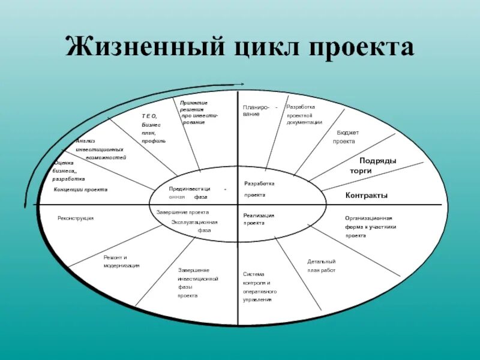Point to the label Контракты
(366, 196)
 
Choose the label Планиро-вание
(255, 110)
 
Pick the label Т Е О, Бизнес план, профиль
(153, 128)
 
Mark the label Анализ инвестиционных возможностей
(100, 149)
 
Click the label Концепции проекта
(80, 190)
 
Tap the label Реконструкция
(75, 218)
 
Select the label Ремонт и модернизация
(121, 261)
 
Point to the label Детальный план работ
(322, 266)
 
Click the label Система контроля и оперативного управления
(259, 287)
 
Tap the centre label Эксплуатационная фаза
(194, 226)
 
